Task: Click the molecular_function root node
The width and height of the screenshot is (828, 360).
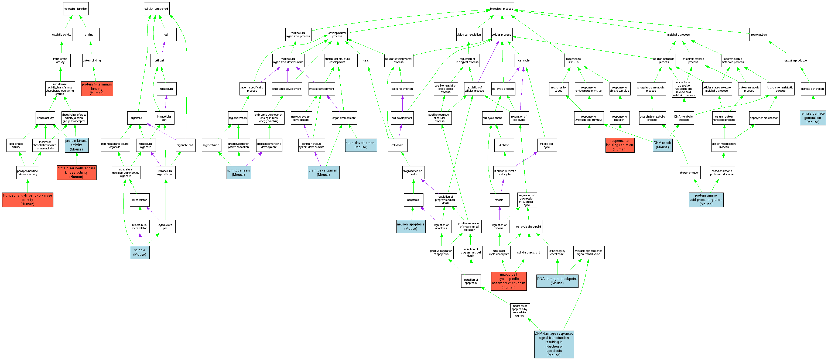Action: tap(76, 9)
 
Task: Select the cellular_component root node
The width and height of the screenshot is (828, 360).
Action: tap(156, 9)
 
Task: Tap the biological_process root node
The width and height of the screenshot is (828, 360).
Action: tap(501, 9)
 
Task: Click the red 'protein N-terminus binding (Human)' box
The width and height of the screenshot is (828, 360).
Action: tap(97, 89)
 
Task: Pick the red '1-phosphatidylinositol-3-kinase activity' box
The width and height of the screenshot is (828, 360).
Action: tap(28, 200)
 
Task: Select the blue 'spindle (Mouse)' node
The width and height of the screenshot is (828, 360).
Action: tap(139, 252)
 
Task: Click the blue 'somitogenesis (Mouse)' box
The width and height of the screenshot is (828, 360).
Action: tap(238, 173)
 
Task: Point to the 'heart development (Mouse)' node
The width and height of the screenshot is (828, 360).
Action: tap(361, 145)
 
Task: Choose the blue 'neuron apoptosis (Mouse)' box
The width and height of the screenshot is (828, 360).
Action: tap(410, 227)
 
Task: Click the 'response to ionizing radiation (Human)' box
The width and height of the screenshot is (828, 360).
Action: tap(620, 145)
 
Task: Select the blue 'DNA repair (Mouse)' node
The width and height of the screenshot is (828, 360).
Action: tap(662, 145)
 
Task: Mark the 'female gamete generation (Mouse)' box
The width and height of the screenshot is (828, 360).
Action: tap(813, 118)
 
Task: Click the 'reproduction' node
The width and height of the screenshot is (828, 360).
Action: tap(759, 35)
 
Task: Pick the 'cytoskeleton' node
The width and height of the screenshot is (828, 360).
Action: tap(139, 200)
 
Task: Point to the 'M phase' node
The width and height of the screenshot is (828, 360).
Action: tap(504, 145)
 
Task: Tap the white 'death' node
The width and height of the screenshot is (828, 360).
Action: tap(367, 60)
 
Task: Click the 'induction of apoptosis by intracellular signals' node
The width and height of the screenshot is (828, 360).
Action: tap(519, 310)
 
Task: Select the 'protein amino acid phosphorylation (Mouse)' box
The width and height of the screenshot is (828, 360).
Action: tap(706, 200)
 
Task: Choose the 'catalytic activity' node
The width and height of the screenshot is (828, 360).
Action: tap(62, 35)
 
